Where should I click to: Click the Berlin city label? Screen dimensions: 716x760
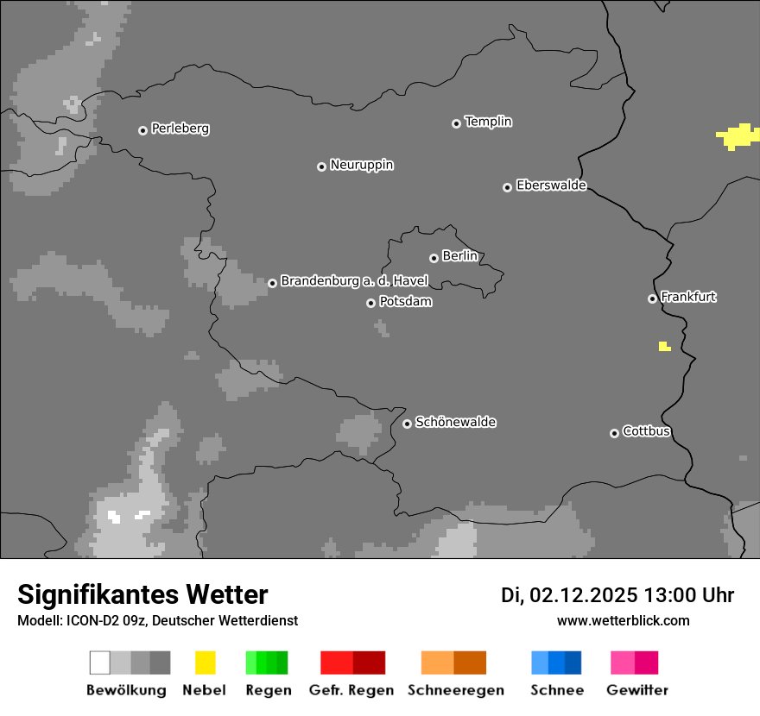459,256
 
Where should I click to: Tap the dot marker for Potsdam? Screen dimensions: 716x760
370,303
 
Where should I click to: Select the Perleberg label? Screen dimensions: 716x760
180,129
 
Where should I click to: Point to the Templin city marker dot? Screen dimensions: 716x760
456,123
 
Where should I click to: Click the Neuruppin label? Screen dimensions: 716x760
361,165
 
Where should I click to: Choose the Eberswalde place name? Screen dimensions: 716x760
551,185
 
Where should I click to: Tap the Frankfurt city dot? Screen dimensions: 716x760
652,298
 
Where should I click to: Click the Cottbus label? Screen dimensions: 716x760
646,431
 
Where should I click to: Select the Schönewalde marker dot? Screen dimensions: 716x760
407,424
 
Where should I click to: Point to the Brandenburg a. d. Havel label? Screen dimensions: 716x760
354,281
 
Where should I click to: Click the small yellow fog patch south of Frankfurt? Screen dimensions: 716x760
664,347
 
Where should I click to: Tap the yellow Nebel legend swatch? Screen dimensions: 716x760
205,663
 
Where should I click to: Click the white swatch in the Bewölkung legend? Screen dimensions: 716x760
99,663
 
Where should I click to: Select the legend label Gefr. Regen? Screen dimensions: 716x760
351,690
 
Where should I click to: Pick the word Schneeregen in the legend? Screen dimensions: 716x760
456,690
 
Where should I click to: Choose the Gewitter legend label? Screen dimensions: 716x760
637,690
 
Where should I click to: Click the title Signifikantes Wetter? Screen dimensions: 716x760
142,594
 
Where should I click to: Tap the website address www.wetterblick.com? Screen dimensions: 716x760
623,620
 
